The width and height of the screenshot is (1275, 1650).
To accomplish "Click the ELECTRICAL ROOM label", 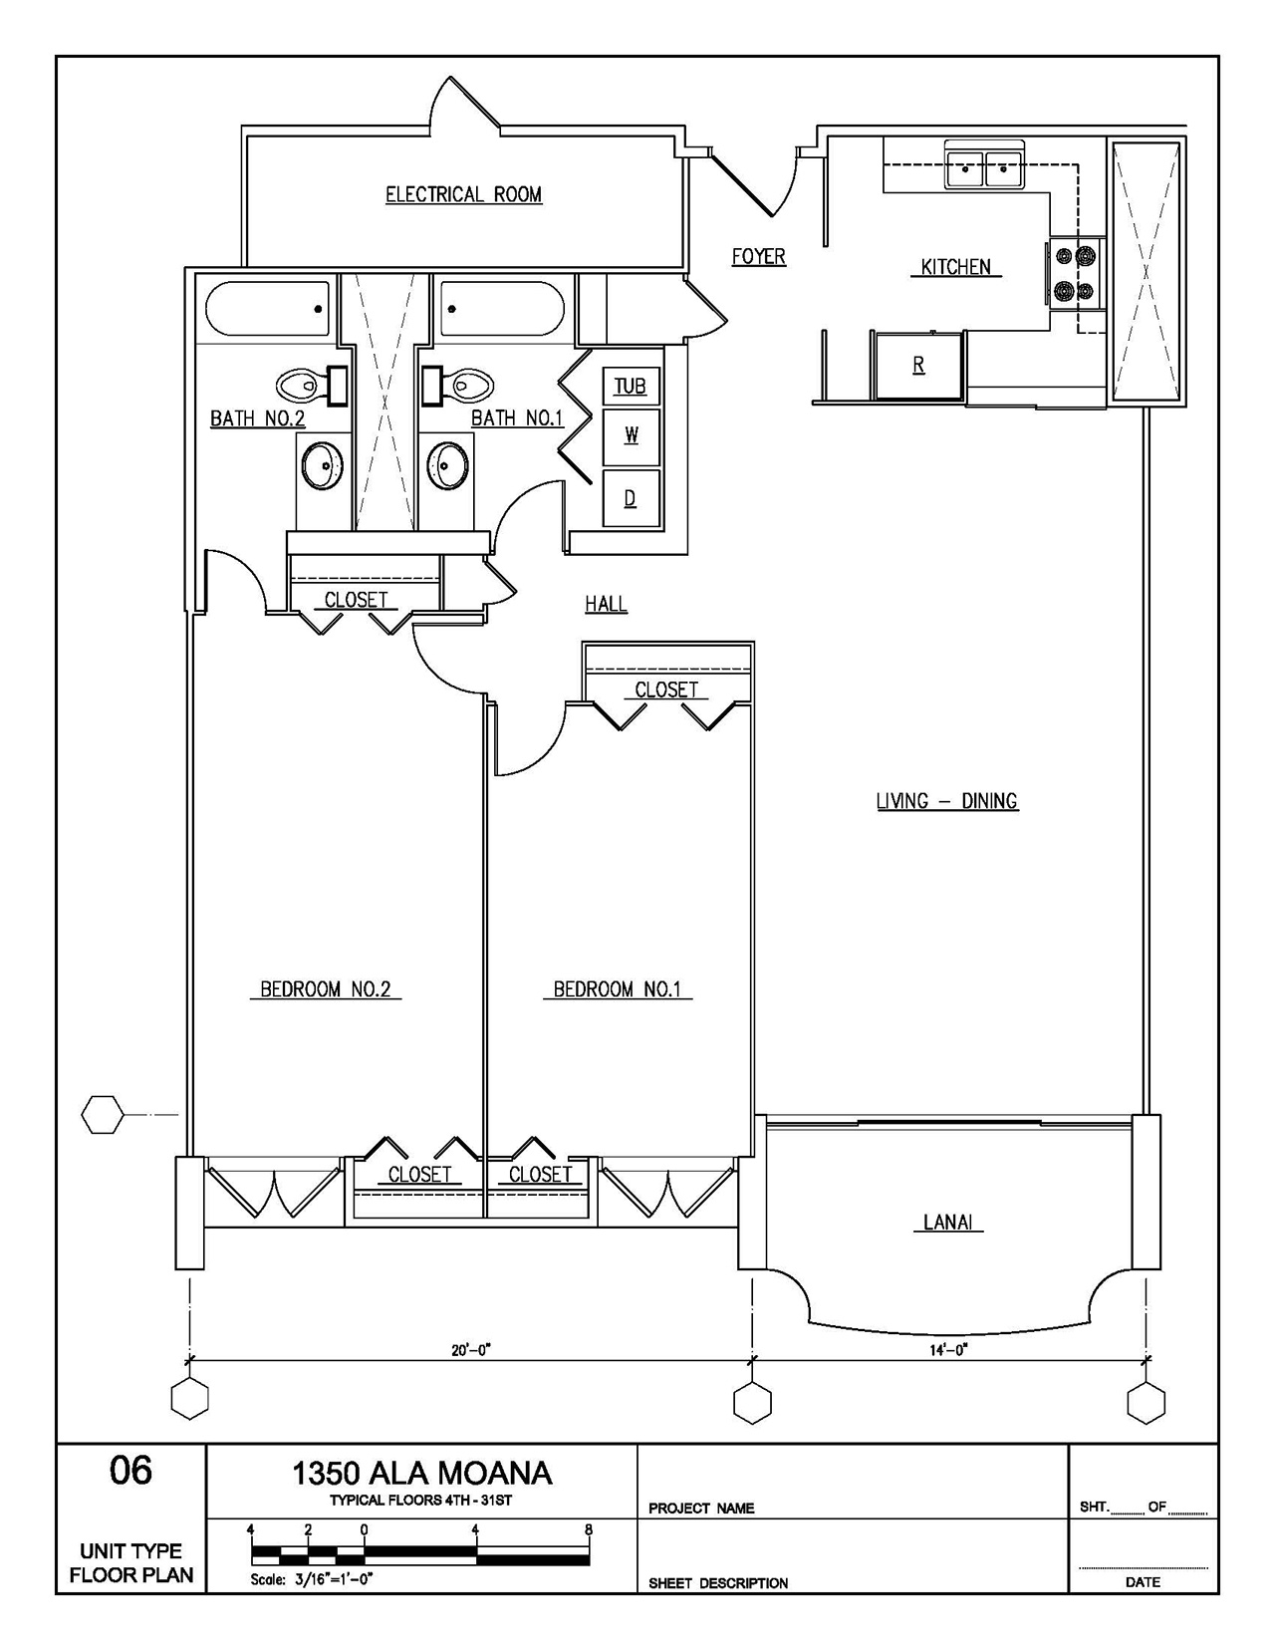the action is pyautogui.click(x=464, y=194).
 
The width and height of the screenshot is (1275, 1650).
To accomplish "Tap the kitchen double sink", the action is pyautogui.click(x=984, y=164).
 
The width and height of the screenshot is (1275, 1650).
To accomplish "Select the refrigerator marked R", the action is pyautogui.click(x=918, y=366).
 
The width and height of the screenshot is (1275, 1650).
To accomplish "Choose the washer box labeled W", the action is pyautogui.click(x=632, y=436).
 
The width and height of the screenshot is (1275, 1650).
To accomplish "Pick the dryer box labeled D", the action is pyautogui.click(x=632, y=498).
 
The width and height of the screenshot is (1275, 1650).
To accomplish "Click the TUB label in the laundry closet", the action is pyautogui.click(x=630, y=387).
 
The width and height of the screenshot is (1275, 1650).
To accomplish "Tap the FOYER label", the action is pyautogui.click(x=759, y=257).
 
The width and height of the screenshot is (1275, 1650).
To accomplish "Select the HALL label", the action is pyautogui.click(x=606, y=604).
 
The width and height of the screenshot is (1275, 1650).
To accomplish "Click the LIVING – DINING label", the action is pyautogui.click(x=947, y=801).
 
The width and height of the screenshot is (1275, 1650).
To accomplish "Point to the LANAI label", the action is pyautogui.click(x=948, y=1223).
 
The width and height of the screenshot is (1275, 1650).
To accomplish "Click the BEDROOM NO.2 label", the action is pyautogui.click(x=326, y=988).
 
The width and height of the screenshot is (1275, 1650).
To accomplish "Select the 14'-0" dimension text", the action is pyautogui.click(x=948, y=1349).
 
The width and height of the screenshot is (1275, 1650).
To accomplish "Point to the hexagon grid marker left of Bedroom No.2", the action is pyautogui.click(x=102, y=1115).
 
